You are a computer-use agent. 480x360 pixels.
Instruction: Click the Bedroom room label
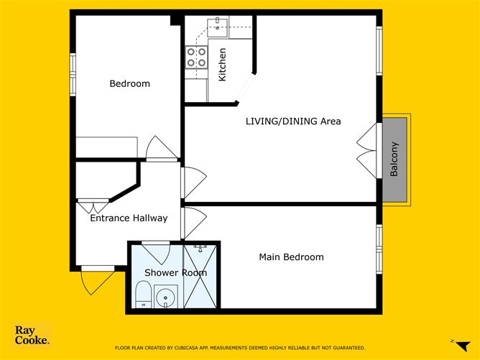129,84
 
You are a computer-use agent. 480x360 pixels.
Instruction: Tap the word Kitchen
223,64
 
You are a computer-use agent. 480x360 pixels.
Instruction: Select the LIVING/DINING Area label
293,121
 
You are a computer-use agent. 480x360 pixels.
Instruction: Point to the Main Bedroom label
292,257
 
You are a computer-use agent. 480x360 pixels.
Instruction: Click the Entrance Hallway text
129,218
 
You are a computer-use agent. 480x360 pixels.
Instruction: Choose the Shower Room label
175,273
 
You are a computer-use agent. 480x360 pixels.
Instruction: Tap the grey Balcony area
394,159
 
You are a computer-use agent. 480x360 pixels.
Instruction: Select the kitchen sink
218,28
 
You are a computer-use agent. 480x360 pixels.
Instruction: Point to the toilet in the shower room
142,295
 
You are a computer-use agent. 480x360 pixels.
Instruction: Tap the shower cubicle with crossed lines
200,277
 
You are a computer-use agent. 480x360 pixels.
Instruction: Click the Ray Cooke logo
32,336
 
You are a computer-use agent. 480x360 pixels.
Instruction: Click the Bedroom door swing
161,148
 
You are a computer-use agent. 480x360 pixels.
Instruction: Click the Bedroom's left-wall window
72,73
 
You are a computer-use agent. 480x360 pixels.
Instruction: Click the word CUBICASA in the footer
195,348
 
